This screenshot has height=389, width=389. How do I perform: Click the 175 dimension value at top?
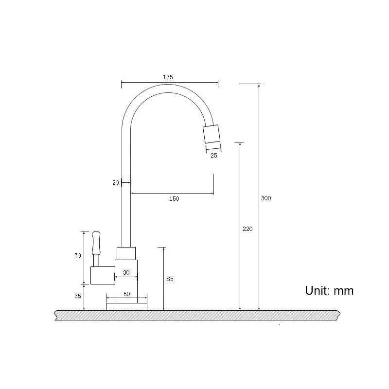click(x=168, y=77)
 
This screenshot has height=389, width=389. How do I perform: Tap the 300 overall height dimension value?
click(x=266, y=198)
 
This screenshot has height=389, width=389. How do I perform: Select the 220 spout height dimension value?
click(x=248, y=229)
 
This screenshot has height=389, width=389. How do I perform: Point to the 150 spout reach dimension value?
click(x=174, y=198)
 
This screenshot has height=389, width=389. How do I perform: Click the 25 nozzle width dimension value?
click(x=213, y=156)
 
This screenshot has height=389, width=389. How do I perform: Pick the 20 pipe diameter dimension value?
click(x=115, y=183)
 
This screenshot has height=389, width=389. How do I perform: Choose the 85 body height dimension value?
click(x=170, y=279)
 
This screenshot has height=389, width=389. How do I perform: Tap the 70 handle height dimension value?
click(x=78, y=256)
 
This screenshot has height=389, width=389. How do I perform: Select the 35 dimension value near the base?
click(x=78, y=295)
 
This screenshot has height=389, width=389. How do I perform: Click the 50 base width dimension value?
click(x=126, y=294)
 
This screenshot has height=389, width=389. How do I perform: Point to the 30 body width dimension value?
click(x=126, y=273)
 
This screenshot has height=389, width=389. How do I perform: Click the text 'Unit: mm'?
click(x=329, y=291)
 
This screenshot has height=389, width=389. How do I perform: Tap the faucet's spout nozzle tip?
click(x=212, y=134)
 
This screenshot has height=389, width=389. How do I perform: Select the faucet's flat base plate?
click(x=126, y=306)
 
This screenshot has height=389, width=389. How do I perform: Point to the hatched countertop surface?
click(x=194, y=316)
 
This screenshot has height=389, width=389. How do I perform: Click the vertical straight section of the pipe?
click(x=126, y=194)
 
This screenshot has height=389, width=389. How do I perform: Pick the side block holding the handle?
click(x=102, y=275)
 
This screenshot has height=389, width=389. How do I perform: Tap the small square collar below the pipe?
click(x=126, y=253)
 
